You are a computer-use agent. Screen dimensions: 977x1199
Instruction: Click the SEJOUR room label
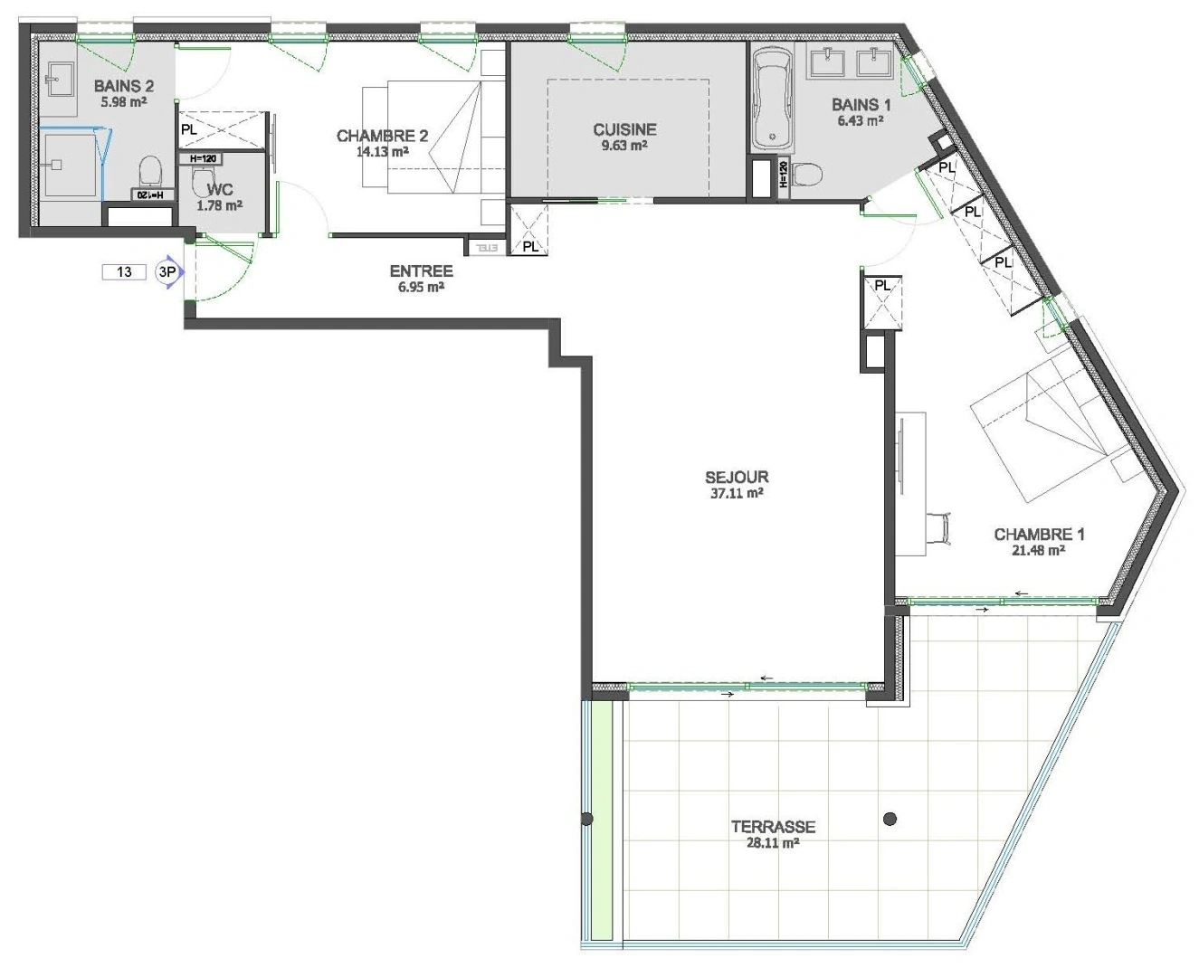pyautogui.click(x=737, y=477)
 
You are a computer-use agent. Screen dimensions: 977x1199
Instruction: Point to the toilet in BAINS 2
pyautogui.click(x=150, y=169)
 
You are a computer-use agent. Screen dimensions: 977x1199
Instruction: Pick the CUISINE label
pyautogui.click(x=624, y=129)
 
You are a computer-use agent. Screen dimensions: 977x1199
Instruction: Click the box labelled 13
pyautogui.click(x=124, y=271)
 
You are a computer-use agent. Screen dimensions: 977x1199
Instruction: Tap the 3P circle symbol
pyautogui.click(x=167, y=271)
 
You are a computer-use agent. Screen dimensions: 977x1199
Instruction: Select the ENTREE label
pyautogui.click(x=421, y=270)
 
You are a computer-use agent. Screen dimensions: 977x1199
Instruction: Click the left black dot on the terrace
pyautogui.click(x=587, y=820)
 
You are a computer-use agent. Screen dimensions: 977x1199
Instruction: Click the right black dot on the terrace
pyautogui.click(x=890, y=820)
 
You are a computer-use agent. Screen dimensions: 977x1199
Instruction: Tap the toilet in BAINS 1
pyautogui.click(x=805, y=174)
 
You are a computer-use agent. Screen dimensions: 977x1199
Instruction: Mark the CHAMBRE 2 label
pyautogui.click(x=382, y=136)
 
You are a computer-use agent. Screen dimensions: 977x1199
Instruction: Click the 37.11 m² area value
pyautogui.click(x=736, y=494)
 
